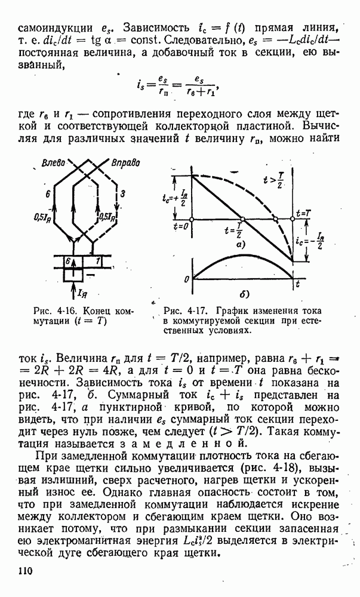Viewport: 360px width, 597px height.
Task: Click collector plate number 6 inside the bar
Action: tap(69, 261)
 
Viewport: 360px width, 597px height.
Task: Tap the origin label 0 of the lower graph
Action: tap(187, 279)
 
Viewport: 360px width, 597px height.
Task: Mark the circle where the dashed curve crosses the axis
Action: tap(275, 219)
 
